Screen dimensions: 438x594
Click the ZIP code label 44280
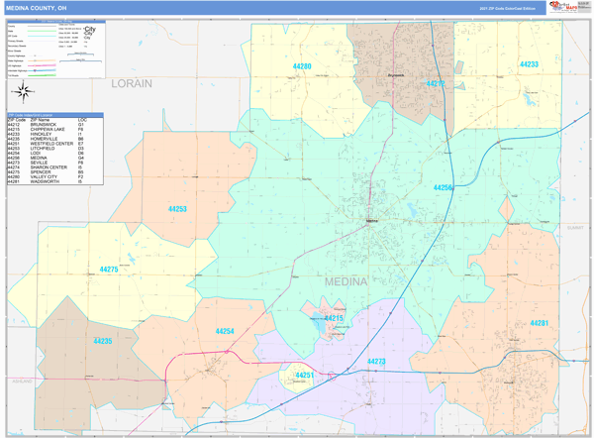pyautogui.click(x=302, y=66)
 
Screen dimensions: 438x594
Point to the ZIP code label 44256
pyautogui.click(x=444, y=187)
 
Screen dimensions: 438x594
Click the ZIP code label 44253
pyautogui.click(x=177, y=209)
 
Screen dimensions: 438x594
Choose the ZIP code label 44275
pyautogui.click(x=109, y=270)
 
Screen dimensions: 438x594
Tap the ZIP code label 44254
pyautogui.click(x=225, y=331)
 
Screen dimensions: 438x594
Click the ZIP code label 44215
pyautogui.click(x=334, y=318)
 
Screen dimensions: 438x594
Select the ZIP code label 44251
pyautogui.click(x=305, y=376)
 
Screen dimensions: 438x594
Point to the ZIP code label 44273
pyautogui.click(x=376, y=362)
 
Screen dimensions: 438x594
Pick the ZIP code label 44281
pyautogui.click(x=540, y=323)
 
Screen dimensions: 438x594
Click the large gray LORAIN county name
pyautogui.click(x=131, y=83)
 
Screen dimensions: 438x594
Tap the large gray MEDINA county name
pyautogui.click(x=346, y=281)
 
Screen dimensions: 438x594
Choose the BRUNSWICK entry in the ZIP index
pyautogui.click(x=46, y=125)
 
